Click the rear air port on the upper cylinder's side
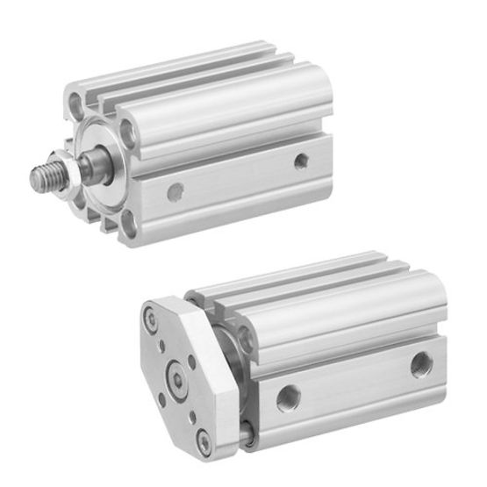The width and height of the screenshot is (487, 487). click(301, 161)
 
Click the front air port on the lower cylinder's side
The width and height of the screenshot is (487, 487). click(286, 397)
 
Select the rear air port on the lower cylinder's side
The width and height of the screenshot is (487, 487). click(420, 362)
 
